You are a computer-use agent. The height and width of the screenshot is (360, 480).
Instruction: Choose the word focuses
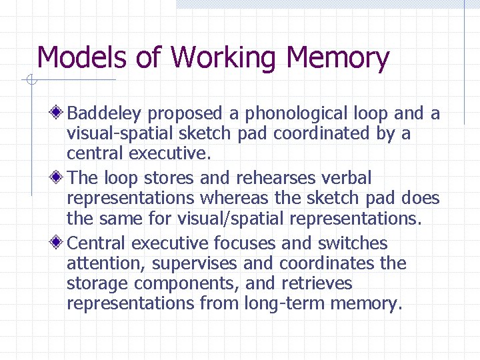point(245,243)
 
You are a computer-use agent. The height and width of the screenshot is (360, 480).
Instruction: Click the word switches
point(353,243)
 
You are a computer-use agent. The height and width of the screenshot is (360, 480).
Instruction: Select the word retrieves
point(317,283)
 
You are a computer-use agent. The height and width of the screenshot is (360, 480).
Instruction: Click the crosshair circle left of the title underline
point(30,81)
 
